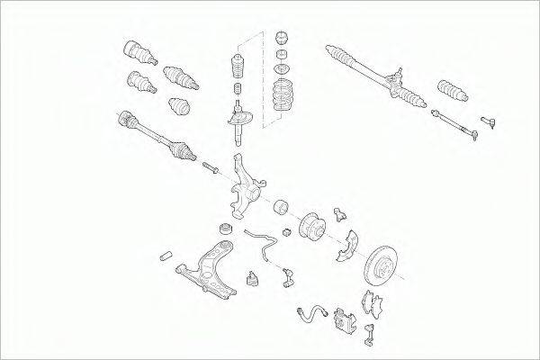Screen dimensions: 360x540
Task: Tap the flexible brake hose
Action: click(311, 312)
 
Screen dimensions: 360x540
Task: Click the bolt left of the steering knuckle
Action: click(210, 168)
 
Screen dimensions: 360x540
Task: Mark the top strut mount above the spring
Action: click(280, 41)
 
